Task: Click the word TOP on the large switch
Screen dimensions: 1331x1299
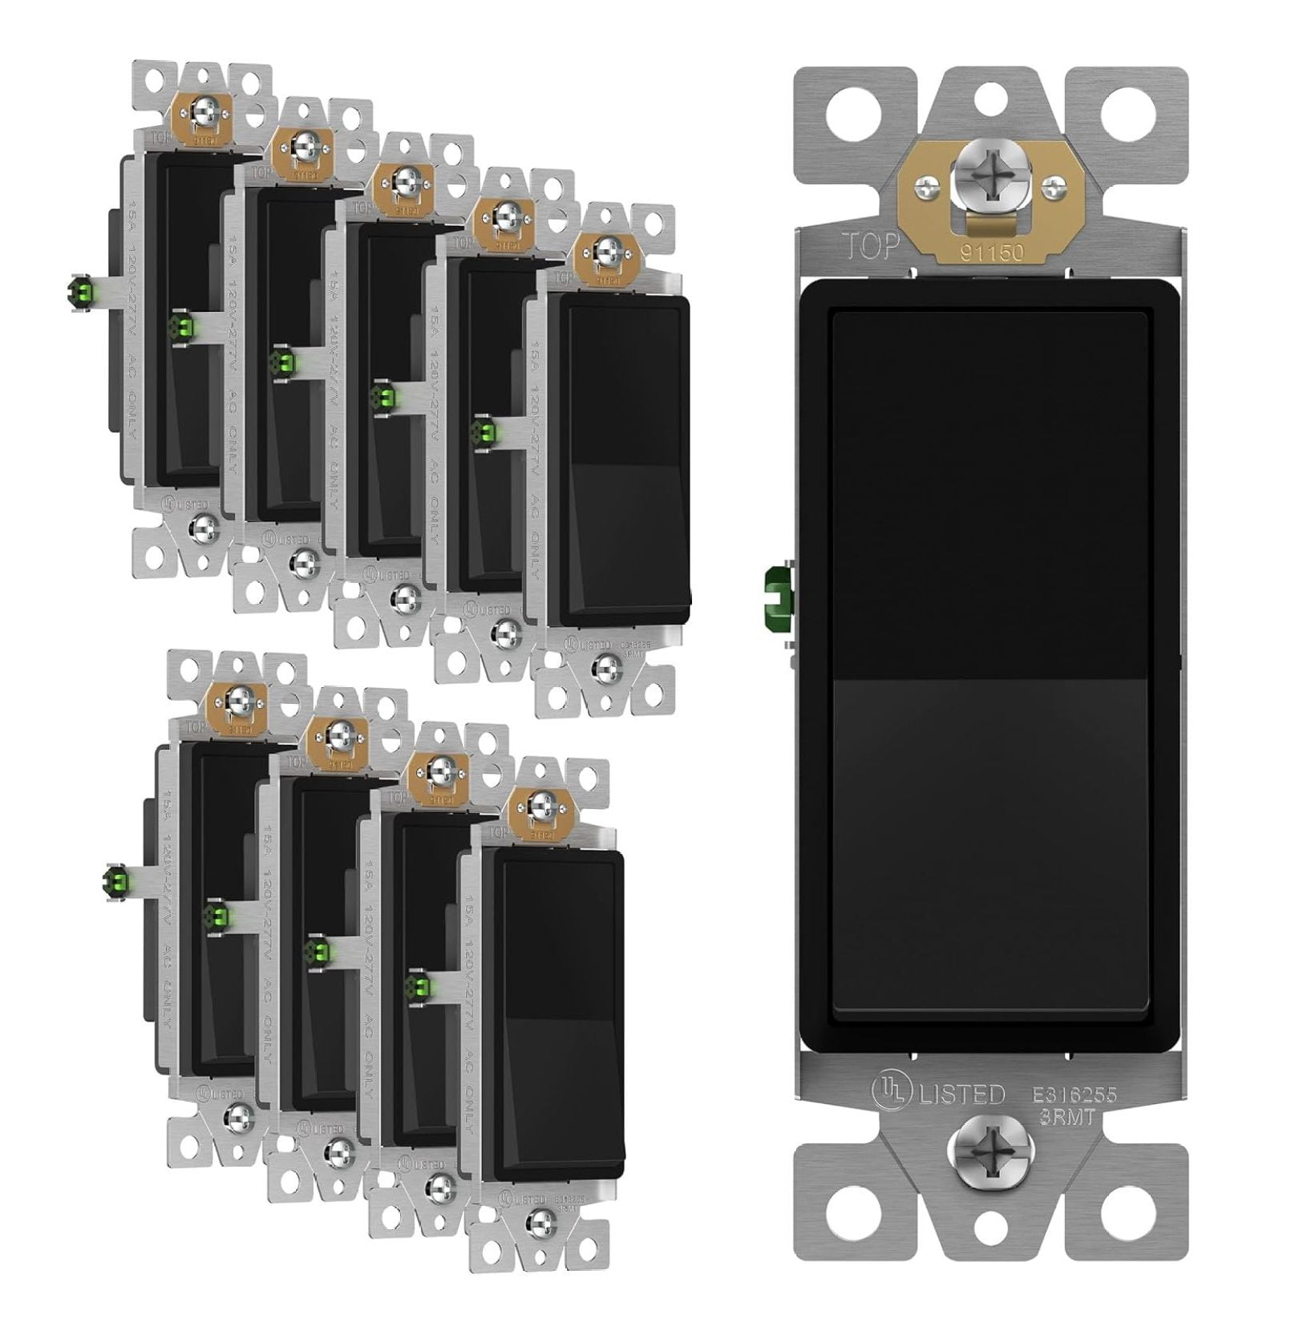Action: pos(869,247)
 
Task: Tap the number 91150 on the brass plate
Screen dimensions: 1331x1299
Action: pos(993,253)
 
